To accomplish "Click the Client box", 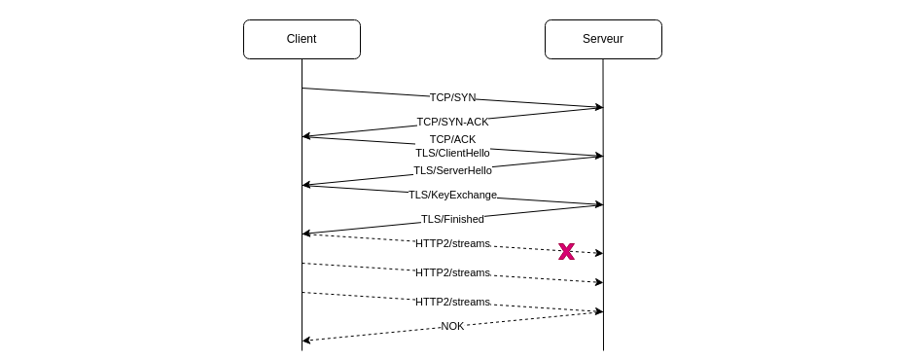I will point(302,39).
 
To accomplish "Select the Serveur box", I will point(603,39).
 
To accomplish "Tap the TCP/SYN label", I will point(452,97).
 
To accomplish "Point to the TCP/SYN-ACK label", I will point(452,122).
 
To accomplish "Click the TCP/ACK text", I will point(452,139).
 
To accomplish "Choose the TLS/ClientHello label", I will point(452,153).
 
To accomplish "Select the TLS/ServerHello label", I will point(452,170).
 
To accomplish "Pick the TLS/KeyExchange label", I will point(452,195).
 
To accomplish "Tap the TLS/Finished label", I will point(452,219).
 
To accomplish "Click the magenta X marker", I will point(566,251).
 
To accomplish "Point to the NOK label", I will point(452,326).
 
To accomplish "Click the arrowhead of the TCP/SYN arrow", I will point(599,107).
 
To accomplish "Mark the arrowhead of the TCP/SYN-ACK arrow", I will point(306,136).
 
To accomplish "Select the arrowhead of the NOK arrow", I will point(306,341).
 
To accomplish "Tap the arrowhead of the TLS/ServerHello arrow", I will point(306,184).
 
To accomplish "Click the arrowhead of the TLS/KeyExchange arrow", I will point(599,204).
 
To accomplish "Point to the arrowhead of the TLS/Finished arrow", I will point(306,234).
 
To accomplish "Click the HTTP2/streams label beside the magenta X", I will point(452,243).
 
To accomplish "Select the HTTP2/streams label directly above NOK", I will point(452,302).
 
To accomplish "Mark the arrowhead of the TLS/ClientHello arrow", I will point(599,156).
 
